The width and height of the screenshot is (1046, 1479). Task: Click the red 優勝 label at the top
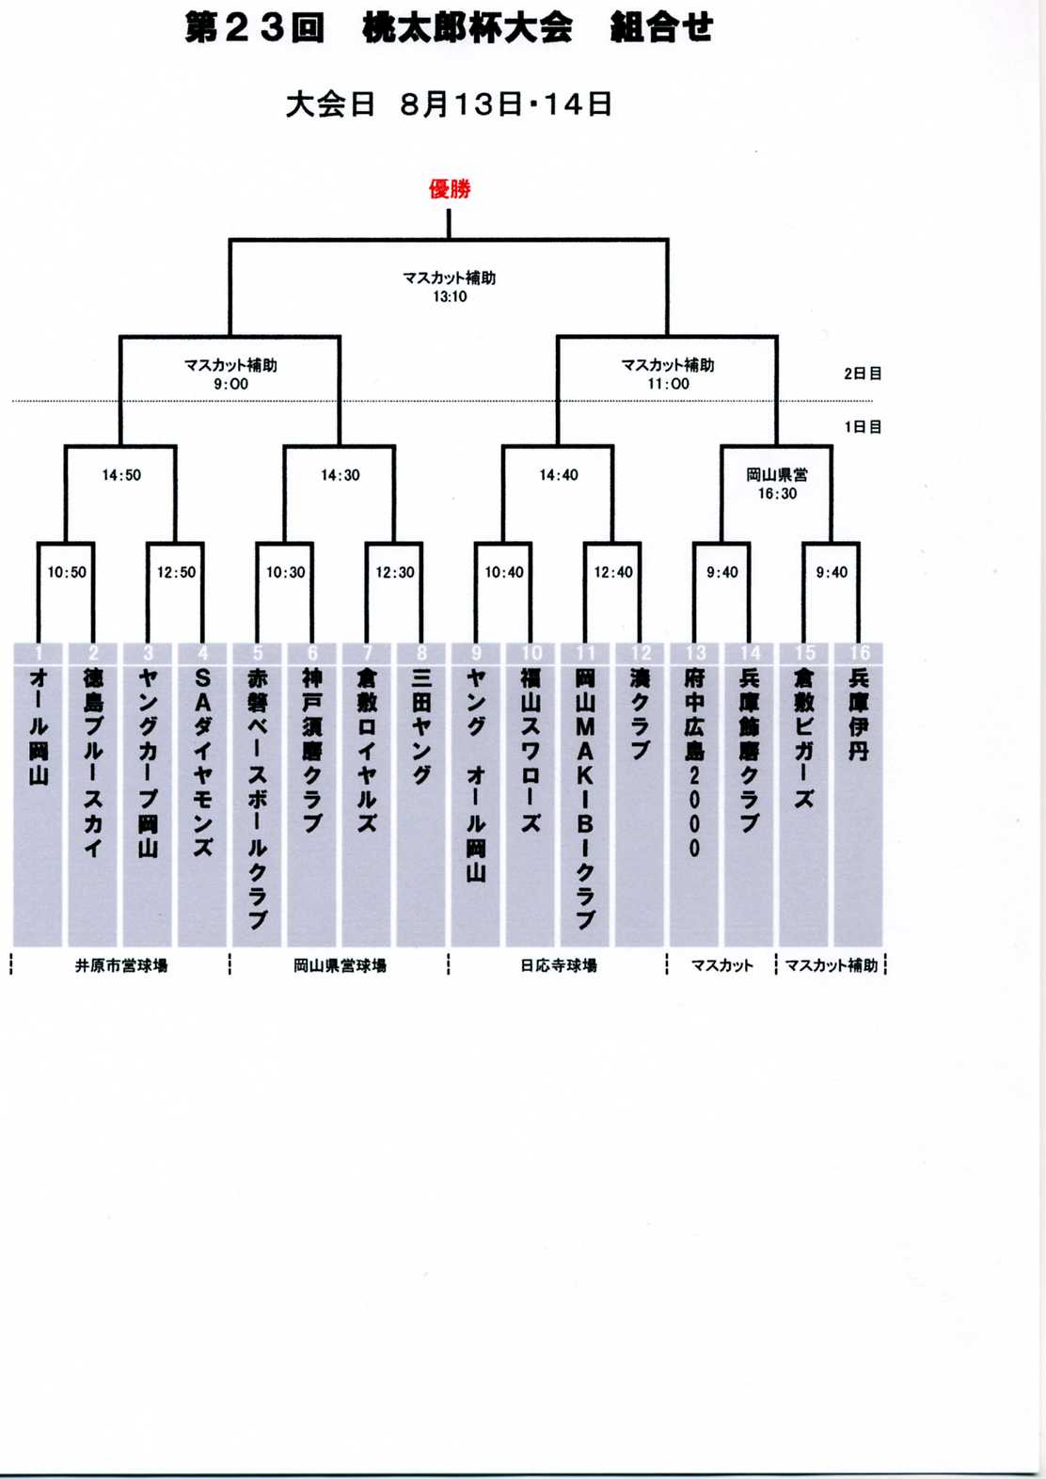click(450, 189)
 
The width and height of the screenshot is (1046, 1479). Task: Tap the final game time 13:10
click(450, 296)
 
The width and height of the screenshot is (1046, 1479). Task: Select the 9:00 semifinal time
click(230, 384)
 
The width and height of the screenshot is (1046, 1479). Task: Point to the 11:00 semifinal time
click(668, 384)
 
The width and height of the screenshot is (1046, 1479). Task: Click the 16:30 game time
click(777, 493)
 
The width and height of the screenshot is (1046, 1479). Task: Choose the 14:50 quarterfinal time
click(120, 475)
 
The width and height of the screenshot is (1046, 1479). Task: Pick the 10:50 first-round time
click(67, 572)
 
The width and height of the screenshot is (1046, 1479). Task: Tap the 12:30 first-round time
click(395, 572)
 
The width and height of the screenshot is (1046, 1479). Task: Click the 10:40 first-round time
click(504, 572)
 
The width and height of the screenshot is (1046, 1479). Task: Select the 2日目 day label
click(863, 374)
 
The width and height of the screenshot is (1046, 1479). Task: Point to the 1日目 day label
click(863, 427)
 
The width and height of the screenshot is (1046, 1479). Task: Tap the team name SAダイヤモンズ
click(202, 763)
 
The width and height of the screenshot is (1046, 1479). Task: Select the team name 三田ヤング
click(421, 726)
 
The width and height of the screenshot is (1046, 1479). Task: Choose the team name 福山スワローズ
click(531, 750)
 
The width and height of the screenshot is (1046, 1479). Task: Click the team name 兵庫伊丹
click(859, 714)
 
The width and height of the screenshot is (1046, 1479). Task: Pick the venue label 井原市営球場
click(120, 966)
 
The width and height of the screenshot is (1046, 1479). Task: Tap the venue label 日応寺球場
click(559, 966)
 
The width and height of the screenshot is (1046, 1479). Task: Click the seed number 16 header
click(859, 653)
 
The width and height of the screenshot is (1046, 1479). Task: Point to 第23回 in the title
click(255, 28)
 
